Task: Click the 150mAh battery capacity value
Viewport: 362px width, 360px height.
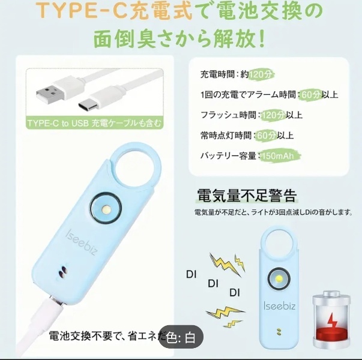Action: (279, 156)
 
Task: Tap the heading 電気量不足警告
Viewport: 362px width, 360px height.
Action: (247, 196)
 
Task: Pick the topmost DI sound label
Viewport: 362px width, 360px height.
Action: (191, 275)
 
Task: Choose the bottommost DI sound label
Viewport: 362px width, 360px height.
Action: (235, 293)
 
